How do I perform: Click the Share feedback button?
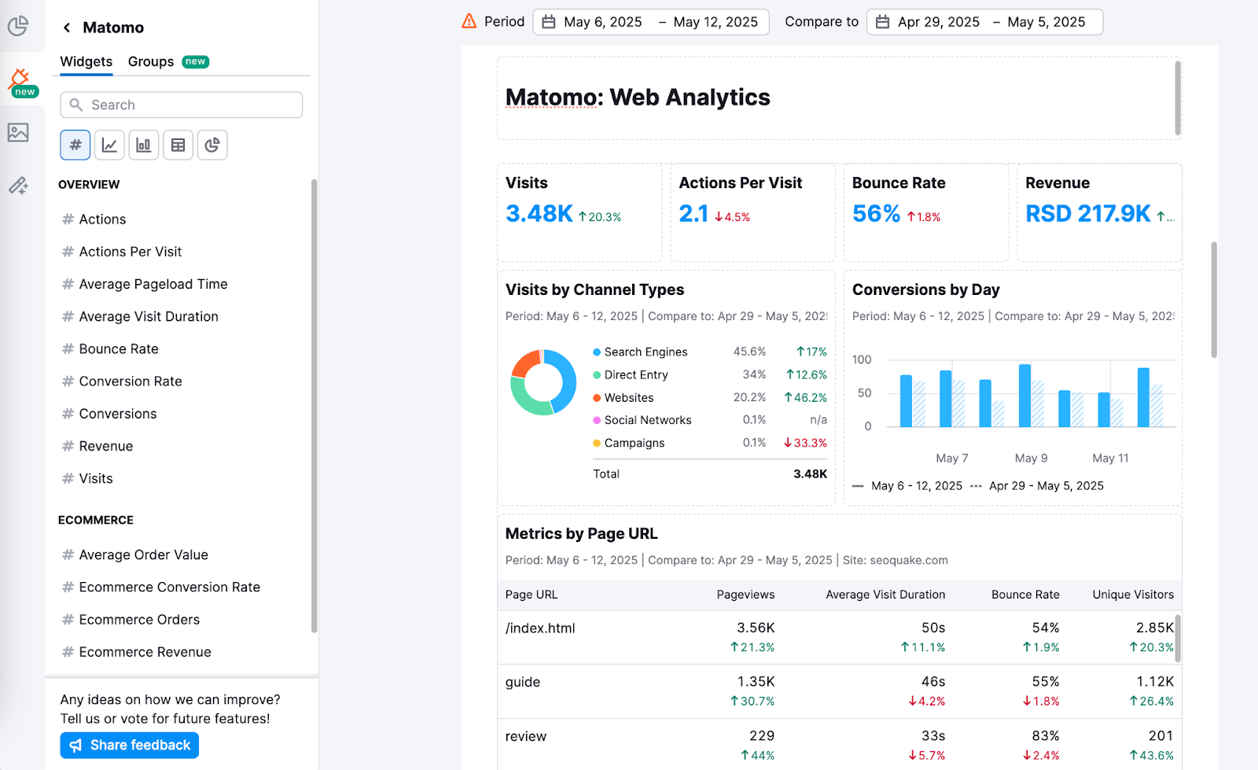tap(130, 745)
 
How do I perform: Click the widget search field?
tap(182, 105)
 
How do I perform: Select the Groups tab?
tap(151, 61)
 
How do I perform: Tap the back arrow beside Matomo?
tap(67, 28)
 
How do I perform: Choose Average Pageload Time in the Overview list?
tap(153, 284)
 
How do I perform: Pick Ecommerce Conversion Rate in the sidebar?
tap(169, 587)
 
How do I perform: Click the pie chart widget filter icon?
tap(212, 145)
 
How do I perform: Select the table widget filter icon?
tap(178, 145)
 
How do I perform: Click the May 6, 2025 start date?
tap(602, 22)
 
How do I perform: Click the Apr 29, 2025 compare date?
tap(938, 22)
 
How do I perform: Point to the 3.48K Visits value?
tap(539, 213)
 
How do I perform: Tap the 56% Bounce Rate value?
tap(876, 213)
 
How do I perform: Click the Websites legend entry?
tap(628, 398)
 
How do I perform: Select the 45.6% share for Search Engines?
tap(749, 352)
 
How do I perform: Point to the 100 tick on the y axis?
tap(862, 359)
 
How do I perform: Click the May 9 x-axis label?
tap(1031, 458)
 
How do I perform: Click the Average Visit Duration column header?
tap(885, 595)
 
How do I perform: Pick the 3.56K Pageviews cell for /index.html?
tap(756, 628)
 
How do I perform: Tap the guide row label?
tap(523, 682)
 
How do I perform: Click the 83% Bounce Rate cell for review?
tap(1046, 736)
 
